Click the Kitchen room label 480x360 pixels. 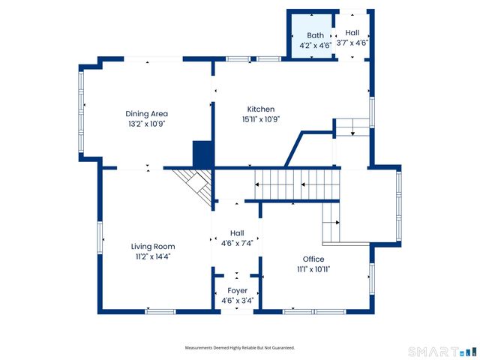261,109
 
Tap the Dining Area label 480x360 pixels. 147,114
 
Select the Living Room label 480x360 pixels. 153,247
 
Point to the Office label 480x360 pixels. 313,259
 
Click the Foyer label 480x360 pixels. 238,291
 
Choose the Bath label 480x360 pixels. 315,35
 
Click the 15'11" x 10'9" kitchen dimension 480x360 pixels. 261,119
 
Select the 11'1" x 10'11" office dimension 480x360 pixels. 313,269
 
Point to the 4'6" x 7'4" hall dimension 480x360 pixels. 237,243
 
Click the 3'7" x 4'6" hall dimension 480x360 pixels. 352,43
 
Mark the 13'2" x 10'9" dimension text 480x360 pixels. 147,124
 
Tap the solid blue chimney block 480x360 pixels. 202,154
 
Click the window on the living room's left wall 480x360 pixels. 100,238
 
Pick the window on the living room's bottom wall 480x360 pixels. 160,312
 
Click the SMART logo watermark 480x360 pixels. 442,352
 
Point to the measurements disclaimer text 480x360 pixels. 240,348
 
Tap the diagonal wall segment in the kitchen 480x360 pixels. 294,149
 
